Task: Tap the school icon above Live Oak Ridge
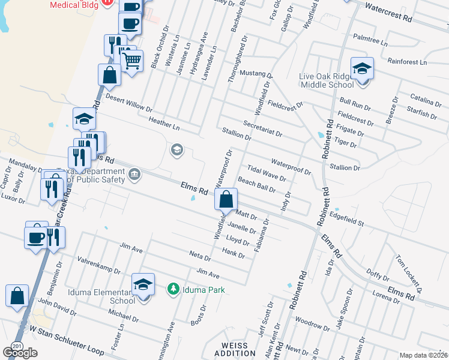point(362,69)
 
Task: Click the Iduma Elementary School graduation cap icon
point(143,284)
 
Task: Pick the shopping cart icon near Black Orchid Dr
point(131,60)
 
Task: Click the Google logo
point(20,352)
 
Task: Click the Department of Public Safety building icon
point(134,175)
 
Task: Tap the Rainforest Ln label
point(406,61)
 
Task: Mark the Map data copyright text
point(423,355)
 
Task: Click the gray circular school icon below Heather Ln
point(176,149)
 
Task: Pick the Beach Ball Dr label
point(256,184)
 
